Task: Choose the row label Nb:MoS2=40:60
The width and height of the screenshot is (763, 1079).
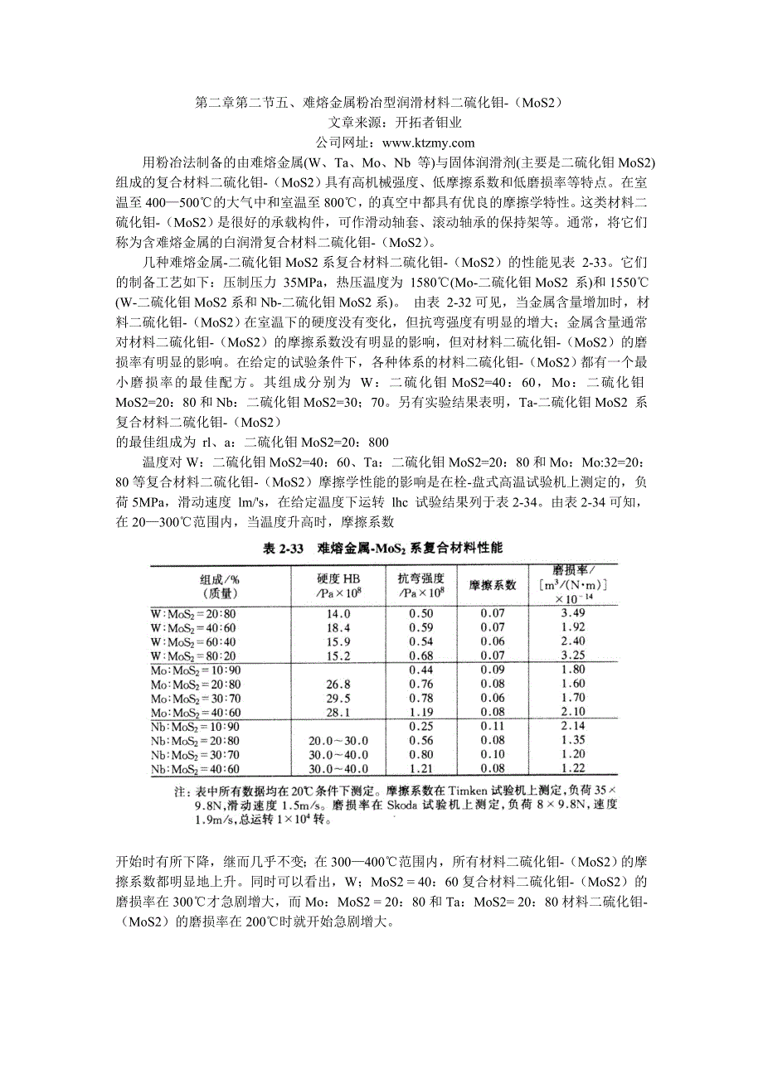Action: (x=196, y=770)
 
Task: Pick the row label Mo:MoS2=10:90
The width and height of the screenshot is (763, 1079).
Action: (x=196, y=670)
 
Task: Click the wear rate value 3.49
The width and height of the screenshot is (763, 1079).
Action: (x=573, y=612)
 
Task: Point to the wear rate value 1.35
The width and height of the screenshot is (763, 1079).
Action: (x=573, y=740)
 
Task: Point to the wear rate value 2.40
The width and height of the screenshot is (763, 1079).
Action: (x=573, y=641)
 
